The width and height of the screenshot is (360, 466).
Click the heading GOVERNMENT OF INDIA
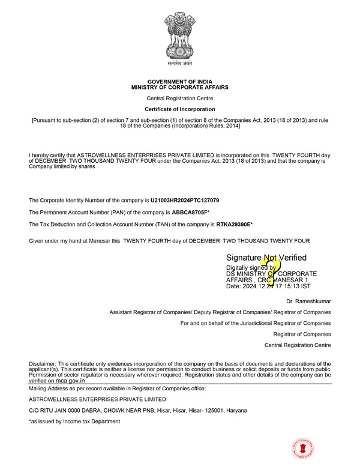[x=179, y=81]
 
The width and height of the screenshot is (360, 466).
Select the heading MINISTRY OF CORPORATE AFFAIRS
[x=179, y=87]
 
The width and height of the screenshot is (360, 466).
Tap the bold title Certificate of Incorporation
[x=179, y=109]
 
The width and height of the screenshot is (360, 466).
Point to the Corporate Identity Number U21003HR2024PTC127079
[x=193, y=199]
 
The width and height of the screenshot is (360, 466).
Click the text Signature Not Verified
[x=266, y=258]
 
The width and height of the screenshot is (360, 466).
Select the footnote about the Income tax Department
[x=74, y=422]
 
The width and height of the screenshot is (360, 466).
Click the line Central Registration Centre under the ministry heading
[x=179, y=98]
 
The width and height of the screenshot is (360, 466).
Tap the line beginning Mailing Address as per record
[x=117, y=389]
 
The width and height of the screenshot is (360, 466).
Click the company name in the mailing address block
[x=98, y=399]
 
